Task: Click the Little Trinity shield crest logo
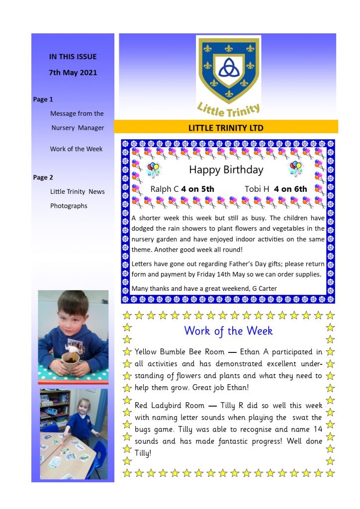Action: (x=228, y=69)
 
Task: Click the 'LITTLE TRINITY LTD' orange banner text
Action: (x=226, y=128)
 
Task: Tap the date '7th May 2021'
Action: (x=73, y=73)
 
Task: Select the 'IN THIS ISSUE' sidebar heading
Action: (x=73, y=57)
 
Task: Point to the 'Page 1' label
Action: (x=43, y=99)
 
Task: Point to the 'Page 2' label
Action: (x=43, y=177)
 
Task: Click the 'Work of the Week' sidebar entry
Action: (x=76, y=149)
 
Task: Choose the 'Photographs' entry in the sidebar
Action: (x=69, y=206)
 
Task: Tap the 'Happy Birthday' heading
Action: (x=226, y=170)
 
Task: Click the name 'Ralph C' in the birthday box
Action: (x=164, y=189)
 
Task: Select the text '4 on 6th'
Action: (x=290, y=189)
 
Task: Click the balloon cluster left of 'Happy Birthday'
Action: (x=154, y=169)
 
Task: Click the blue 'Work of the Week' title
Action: (x=228, y=331)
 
